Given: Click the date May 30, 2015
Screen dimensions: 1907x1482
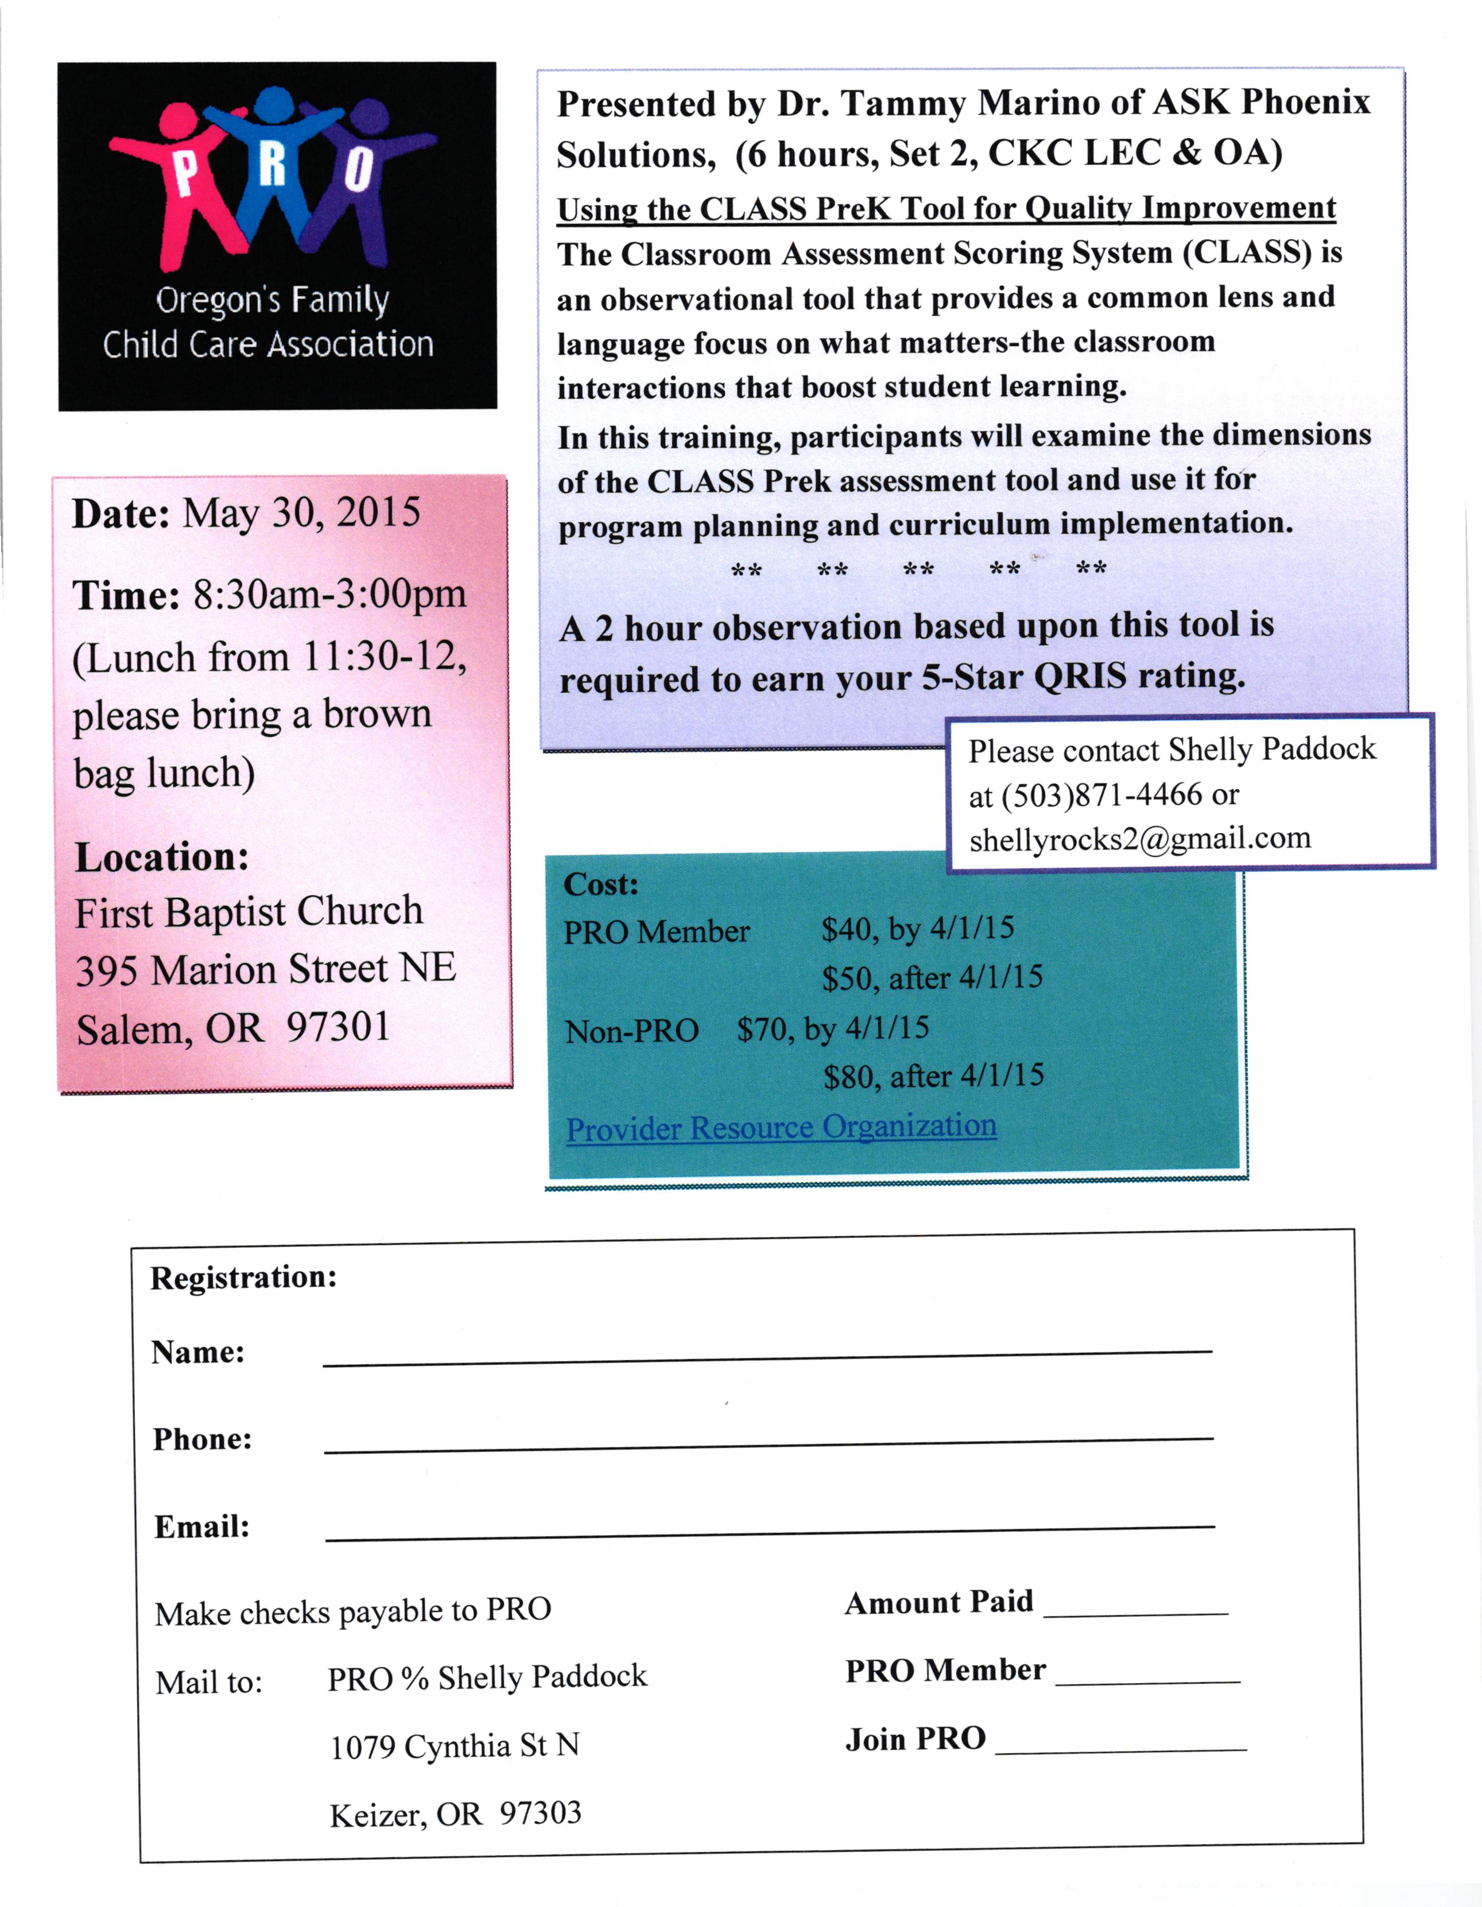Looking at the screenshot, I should click(301, 512).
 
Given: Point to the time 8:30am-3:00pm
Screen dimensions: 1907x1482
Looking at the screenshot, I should click(329, 595).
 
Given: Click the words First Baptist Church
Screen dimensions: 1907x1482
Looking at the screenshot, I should click(249, 911).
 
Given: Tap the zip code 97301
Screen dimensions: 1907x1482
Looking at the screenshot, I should click(338, 1026).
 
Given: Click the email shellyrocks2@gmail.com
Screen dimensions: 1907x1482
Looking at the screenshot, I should click(1140, 838).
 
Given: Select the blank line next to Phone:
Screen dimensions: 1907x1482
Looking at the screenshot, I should click(769, 1445).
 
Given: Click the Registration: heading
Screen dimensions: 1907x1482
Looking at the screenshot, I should click(244, 1277).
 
